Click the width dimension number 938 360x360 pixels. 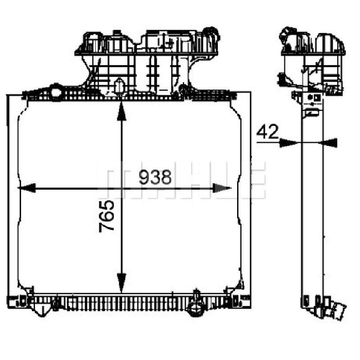155,177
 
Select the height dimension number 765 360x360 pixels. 107,216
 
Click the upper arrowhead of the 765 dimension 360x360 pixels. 121,111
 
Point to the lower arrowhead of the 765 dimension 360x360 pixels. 121,283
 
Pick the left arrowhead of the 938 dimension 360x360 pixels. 27,188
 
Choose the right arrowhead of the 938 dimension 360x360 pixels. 222,188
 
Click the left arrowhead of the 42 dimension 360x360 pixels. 288,143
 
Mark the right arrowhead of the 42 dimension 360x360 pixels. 328,143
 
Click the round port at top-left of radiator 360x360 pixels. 55,92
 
